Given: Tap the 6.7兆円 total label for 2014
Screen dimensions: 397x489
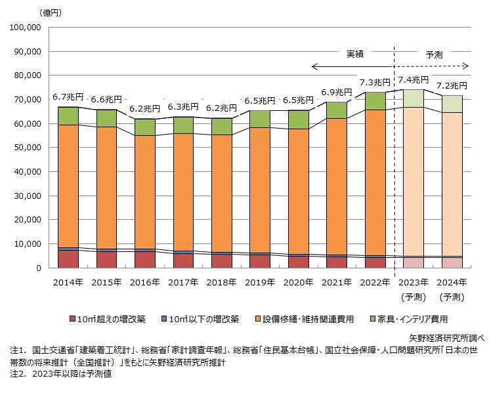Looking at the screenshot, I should [x=68, y=97].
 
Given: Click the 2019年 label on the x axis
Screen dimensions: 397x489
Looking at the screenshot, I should [x=260, y=283].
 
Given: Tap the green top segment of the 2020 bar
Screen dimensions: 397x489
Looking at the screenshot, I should [x=298, y=119].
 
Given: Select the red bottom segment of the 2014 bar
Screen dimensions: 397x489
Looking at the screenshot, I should [x=68, y=259].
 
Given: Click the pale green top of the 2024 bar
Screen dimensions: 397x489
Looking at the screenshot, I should [x=452, y=104].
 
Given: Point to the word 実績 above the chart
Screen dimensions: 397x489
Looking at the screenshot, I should [x=355, y=55].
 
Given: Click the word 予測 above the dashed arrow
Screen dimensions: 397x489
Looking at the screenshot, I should [x=435, y=55].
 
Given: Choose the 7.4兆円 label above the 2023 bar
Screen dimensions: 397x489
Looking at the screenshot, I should [x=414, y=80].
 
